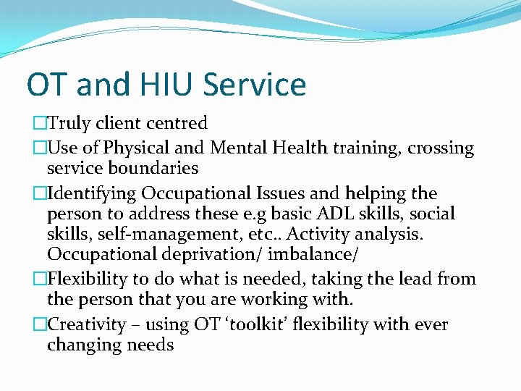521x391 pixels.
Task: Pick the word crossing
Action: (x=441, y=148)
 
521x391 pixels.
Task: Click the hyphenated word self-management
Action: (x=164, y=235)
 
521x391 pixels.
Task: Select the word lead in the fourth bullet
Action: (x=410, y=279)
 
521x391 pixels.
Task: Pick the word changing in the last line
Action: (x=84, y=345)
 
